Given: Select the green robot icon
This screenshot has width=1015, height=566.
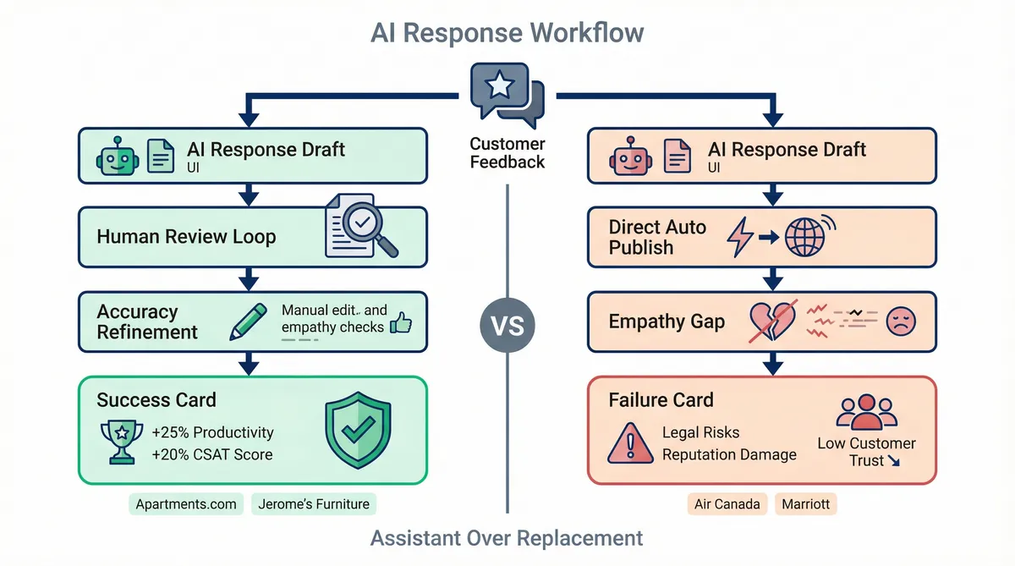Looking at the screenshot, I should click(116, 156).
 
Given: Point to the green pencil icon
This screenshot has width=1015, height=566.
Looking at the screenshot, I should click(248, 321).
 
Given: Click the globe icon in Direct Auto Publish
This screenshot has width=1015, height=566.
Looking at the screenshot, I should click(805, 237).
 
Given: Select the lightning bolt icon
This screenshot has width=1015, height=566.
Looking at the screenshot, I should click(739, 238).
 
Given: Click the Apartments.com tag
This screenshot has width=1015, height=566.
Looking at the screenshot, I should click(187, 504).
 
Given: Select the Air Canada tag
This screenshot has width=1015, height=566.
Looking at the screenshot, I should click(727, 504).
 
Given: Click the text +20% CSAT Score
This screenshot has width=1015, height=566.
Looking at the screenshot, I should click(212, 454).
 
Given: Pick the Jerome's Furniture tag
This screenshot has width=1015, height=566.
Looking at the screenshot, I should click(314, 504).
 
